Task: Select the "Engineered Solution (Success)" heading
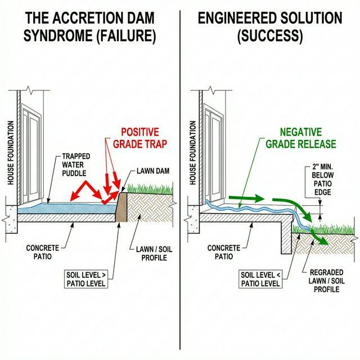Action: (x=269, y=27)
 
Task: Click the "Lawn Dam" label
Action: (x=151, y=170)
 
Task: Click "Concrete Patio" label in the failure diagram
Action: (x=43, y=252)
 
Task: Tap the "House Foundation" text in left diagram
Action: (x=10, y=152)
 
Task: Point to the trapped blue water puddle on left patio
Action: (x=67, y=208)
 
